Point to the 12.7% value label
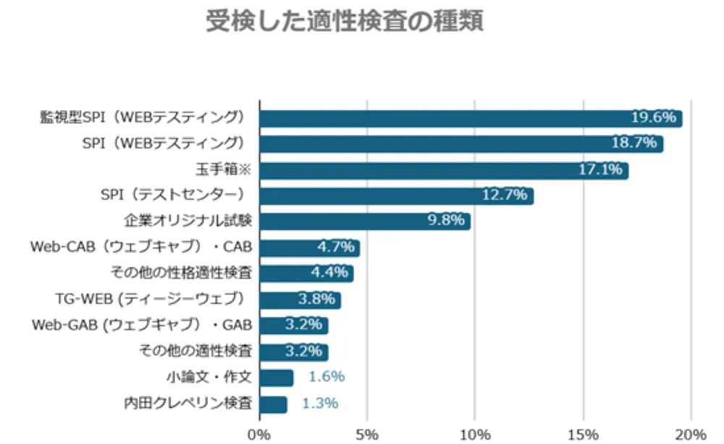[506, 196]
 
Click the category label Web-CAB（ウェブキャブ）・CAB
[141, 247]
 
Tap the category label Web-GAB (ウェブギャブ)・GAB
[141, 325]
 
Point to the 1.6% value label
[326, 377]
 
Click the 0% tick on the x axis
[258, 435]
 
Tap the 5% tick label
[367, 435]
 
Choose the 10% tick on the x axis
[475, 435]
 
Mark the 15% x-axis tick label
[583, 435]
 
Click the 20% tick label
[691, 435]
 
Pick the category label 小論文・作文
[209, 377]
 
